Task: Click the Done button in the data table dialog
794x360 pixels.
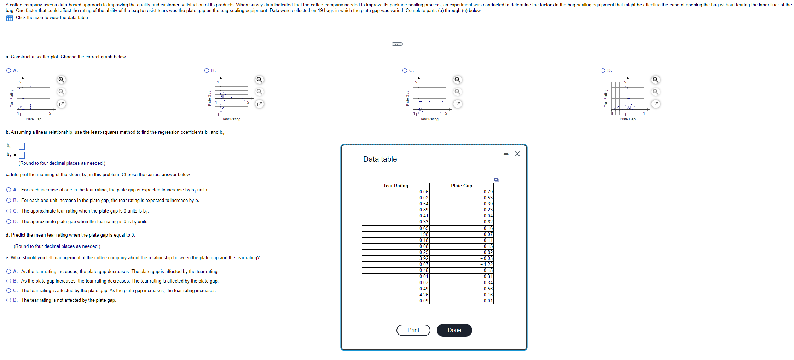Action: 454,330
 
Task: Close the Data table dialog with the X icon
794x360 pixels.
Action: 517,154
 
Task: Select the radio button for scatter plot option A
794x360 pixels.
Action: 9,70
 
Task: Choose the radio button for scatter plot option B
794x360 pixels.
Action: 207,70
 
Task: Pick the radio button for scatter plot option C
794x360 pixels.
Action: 405,70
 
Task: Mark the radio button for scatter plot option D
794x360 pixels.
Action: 603,70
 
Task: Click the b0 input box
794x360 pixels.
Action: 22,146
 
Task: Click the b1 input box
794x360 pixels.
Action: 22,155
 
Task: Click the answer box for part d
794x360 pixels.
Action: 9,246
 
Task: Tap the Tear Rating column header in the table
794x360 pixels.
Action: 395,186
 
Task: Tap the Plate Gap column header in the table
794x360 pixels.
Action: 461,186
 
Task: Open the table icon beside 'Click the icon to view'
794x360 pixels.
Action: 10,18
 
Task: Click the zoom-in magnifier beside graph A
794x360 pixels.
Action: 62,80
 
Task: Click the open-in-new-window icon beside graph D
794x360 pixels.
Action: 655,104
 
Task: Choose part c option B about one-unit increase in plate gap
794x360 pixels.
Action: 9,200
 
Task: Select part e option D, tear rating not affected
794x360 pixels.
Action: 9,300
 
